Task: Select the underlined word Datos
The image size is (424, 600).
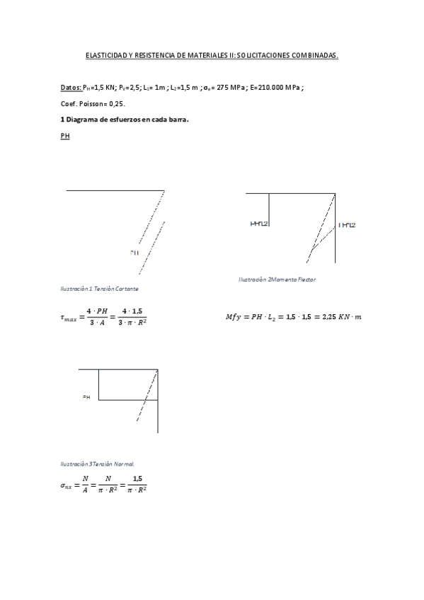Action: click(x=70, y=88)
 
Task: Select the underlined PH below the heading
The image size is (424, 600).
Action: click(x=65, y=136)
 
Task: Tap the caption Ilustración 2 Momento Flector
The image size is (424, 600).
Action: click(x=277, y=279)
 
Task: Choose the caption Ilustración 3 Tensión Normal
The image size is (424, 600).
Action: click(x=97, y=464)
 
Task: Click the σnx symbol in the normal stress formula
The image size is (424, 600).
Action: click(x=69, y=486)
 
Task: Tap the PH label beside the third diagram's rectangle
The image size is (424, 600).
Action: click(x=86, y=398)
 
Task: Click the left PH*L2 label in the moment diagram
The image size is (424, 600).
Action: click(x=259, y=224)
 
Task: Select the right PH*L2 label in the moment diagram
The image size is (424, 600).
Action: click(x=347, y=226)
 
